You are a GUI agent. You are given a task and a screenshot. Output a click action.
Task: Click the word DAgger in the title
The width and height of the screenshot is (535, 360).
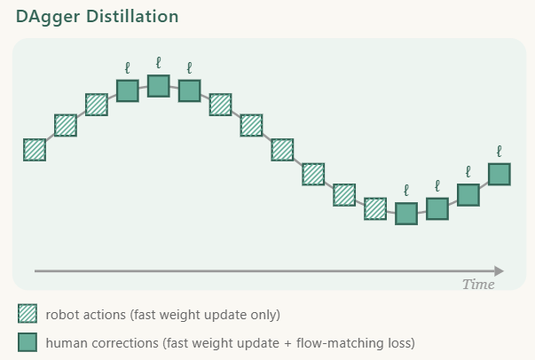point(48,17)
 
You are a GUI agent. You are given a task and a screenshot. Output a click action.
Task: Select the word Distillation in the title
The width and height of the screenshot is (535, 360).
point(132,16)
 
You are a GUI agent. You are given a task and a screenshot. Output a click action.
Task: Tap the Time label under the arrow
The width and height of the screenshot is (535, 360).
point(478,285)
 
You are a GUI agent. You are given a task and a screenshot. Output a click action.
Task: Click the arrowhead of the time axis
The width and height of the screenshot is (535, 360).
point(500,271)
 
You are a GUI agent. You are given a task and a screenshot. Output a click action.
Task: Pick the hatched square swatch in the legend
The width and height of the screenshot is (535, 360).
point(28,314)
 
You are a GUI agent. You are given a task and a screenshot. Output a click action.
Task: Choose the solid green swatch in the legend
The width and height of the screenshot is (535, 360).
point(28,342)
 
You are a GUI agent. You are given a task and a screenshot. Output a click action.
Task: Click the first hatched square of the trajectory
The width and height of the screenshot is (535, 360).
point(35,150)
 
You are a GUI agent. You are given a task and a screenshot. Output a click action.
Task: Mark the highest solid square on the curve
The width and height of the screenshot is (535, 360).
point(159,86)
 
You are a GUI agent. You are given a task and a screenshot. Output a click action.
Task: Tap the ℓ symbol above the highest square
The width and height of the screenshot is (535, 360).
point(158,63)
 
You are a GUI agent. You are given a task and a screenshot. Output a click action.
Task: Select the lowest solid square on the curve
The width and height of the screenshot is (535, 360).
point(406,214)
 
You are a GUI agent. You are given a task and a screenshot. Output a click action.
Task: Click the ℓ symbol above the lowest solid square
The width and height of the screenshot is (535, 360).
point(406,191)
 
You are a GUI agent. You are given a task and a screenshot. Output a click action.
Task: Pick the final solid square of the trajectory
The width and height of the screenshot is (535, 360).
point(500,175)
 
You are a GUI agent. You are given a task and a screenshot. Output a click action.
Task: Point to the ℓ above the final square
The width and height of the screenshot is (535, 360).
point(500,152)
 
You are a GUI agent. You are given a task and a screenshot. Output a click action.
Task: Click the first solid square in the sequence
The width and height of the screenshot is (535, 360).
point(128,91)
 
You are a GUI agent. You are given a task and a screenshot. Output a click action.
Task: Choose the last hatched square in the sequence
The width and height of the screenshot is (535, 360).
point(375,209)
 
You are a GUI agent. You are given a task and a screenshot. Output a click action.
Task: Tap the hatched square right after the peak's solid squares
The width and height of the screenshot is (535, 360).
point(220,105)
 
